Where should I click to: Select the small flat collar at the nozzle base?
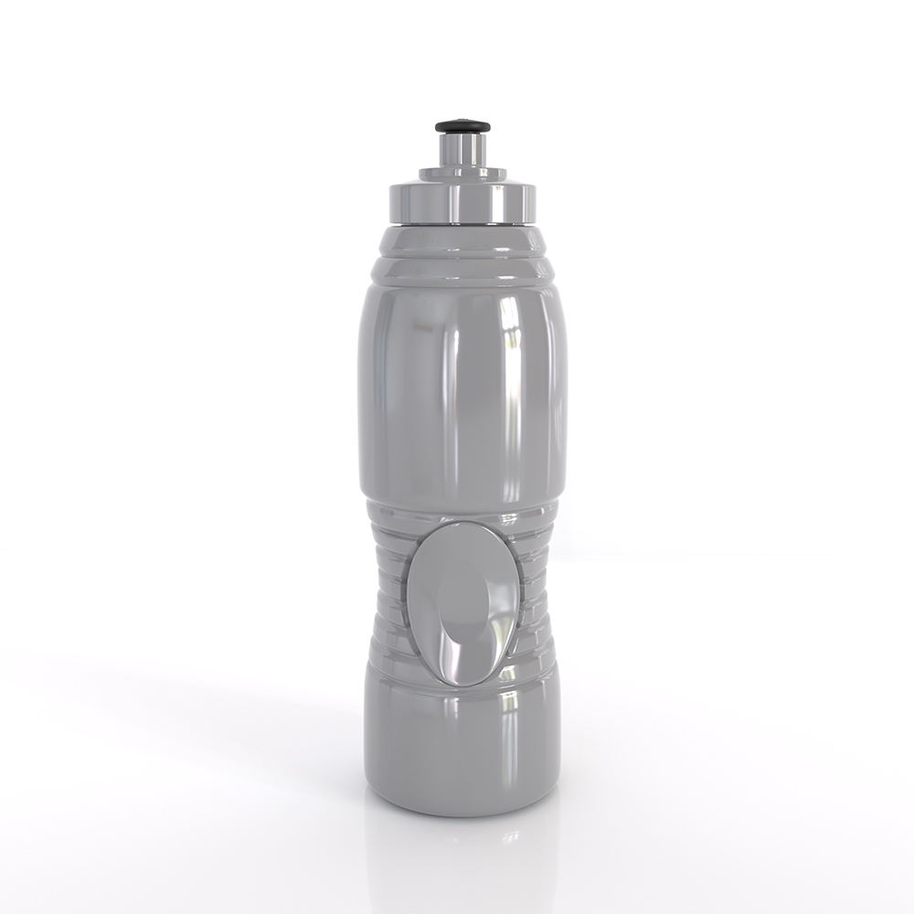coord(462,173)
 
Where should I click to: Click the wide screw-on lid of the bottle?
coord(462,202)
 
